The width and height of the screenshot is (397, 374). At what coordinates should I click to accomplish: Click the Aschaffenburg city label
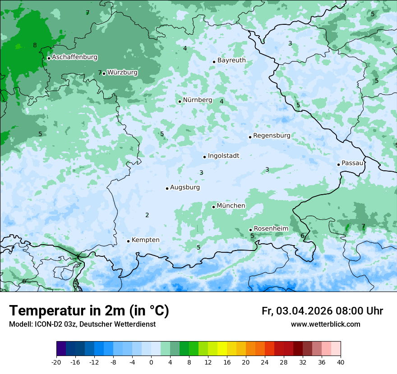pos(74,57)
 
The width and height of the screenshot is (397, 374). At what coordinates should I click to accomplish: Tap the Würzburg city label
pos(122,73)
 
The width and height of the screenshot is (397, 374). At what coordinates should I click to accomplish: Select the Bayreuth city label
pos(231,60)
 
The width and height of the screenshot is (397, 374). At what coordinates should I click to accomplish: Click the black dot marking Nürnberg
pos(180,101)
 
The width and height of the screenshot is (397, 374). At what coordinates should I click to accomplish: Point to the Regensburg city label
pos(272,136)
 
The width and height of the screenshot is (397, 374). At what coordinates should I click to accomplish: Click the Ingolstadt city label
pos(223,156)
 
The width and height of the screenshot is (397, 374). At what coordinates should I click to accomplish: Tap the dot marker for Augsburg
pos(167,188)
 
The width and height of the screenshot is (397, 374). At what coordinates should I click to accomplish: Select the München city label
pos(231,206)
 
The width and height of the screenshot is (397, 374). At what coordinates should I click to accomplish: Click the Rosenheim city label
pos(271,229)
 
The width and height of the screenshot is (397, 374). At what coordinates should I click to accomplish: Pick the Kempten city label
pos(145,240)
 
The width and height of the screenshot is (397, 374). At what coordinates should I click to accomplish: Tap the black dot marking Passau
pos(338,164)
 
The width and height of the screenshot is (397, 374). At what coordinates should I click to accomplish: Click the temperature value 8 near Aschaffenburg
pos(35,45)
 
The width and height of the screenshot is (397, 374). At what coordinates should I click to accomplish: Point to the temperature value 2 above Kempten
pos(147,215)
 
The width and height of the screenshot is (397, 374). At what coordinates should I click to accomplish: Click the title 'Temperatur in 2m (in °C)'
pos(89,311)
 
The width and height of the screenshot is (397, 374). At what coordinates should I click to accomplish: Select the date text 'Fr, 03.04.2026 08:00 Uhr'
pos(322,311)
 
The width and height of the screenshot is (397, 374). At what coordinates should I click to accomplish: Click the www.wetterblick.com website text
pos(325,324)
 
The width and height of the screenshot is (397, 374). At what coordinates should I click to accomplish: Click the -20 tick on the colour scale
pos(56,362)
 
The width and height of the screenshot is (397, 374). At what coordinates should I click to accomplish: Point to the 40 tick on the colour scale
pos(340,362)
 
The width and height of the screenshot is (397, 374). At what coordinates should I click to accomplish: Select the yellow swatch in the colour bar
pos(222,349)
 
